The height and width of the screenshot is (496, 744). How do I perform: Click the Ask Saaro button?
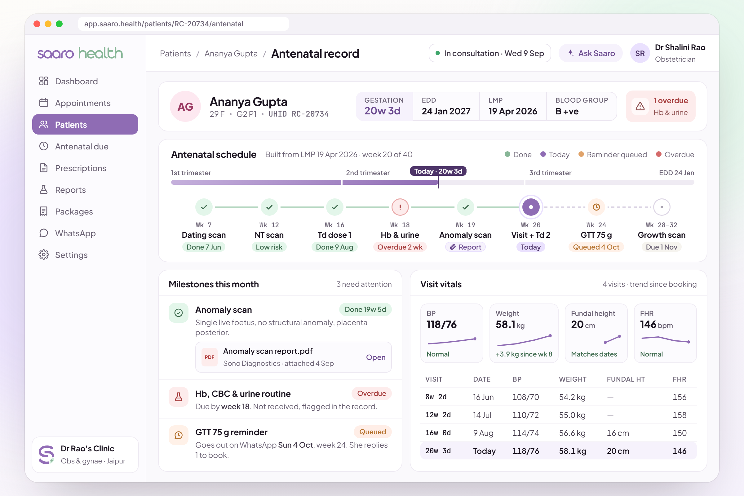coord(591,53)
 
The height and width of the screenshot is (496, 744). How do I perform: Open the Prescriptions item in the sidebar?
coord(80,168)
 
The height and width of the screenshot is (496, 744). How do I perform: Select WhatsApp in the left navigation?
coord(75,233)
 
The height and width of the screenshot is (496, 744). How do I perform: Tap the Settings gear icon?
coord(44,255)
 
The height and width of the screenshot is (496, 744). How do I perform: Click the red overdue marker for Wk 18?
coord(400,207)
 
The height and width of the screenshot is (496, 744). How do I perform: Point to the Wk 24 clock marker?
coord(596,207)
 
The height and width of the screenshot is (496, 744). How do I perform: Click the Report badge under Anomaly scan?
coord(465,247)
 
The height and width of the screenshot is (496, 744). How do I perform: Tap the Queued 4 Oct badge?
coord(596,247)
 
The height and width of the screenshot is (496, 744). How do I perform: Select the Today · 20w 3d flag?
coord(438,171)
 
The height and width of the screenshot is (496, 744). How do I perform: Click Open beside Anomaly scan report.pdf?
coord(376,357)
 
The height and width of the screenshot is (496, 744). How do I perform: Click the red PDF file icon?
coord(210,357)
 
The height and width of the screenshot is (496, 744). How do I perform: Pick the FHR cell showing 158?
coord(680,415)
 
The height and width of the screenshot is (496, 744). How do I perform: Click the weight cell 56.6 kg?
coord(573,433)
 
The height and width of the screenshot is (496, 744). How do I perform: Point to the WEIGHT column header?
coord(573,379)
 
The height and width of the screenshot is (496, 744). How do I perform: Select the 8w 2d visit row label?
coord(436,397)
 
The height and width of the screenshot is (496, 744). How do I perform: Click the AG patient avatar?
coord(185,107)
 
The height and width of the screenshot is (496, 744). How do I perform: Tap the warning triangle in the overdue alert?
coord(640,106)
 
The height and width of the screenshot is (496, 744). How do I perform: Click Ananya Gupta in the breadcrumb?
coord(231,53)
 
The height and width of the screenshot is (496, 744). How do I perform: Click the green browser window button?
coord(59,24)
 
